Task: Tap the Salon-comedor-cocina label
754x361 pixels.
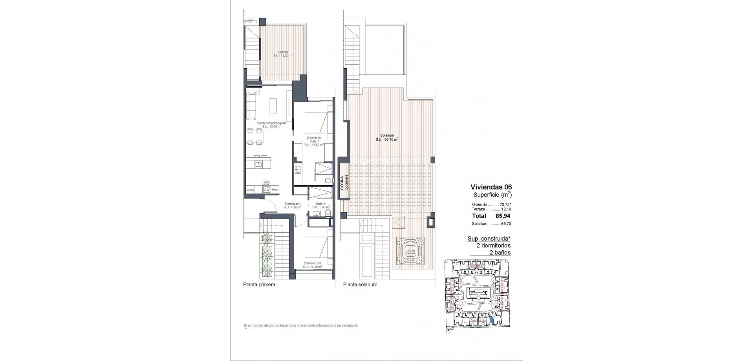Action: pos(271,124)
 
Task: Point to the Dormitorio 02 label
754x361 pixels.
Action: pos(313,265)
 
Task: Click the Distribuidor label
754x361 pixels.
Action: pos(292,205)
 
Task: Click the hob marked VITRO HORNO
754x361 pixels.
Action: pos(267,190)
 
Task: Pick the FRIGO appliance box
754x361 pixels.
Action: pos(275,190)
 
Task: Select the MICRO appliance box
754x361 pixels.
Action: pos(251,190)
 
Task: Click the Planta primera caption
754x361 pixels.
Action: pos(259,284)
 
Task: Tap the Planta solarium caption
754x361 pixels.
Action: pos(360,284)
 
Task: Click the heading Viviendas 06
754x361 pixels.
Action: pos(491,187)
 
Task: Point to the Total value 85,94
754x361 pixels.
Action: pos(503,216)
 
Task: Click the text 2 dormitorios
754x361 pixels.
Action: pos(493,245)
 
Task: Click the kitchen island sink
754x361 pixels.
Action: pos(259,164)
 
